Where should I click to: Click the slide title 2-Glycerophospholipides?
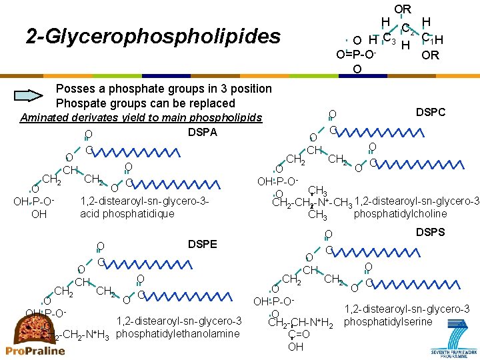pos(153,36)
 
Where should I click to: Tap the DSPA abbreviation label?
pos(202,133)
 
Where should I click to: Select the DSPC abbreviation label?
pos(431,113)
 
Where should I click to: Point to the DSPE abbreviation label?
pos(202,245)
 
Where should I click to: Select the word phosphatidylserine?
pos(388,323)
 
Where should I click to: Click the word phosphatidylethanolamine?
pos(178,333)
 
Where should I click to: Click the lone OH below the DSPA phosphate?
pos(39,215)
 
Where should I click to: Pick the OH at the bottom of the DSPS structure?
pos(295,347)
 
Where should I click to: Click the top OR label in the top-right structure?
pos(403,9)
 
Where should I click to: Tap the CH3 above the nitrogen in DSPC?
pos(317,191)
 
